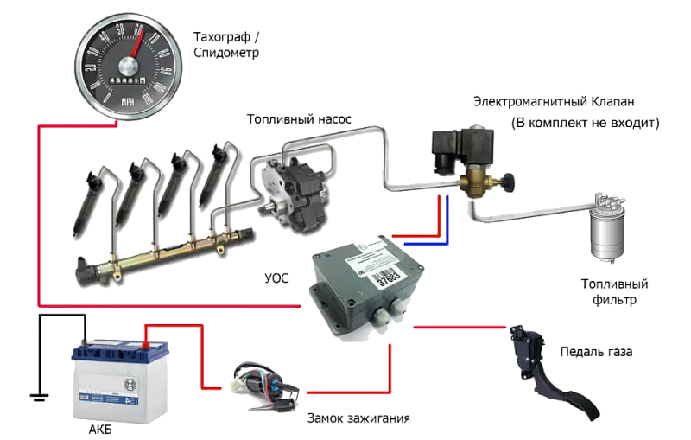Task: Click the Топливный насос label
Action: pos(299,118)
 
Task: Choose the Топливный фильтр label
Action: pos(614,291)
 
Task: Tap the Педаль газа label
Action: pos(596,353)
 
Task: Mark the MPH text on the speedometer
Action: pos(128,101)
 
